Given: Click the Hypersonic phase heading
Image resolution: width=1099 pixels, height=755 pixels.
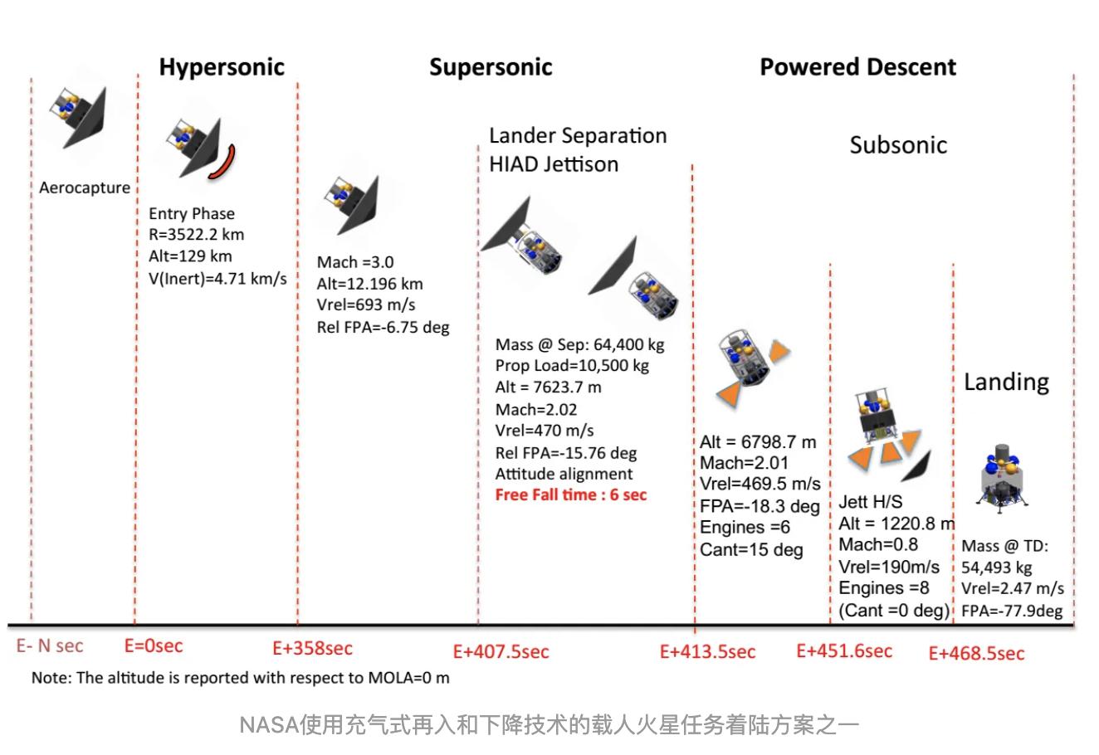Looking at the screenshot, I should point(222,67).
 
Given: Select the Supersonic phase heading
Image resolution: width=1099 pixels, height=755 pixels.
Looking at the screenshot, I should point(491,67).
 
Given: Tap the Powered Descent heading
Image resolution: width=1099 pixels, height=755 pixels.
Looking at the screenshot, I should point(858,67).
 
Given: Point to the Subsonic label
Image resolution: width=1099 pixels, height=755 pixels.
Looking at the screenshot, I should point(898,145).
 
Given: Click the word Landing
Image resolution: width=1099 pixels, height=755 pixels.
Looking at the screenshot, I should point(1006,382).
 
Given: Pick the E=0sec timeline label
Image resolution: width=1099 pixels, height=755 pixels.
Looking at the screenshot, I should point(154,645).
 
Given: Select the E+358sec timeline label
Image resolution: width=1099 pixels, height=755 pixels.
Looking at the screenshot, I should point(313,648).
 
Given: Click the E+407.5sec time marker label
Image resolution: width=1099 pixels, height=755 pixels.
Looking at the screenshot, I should point(501,651).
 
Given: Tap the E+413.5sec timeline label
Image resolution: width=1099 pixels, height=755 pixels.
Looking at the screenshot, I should point(708,651).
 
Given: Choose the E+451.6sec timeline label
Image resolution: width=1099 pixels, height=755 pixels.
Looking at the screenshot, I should point(844,650).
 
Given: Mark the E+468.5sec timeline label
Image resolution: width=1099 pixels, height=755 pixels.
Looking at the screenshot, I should point(977,653).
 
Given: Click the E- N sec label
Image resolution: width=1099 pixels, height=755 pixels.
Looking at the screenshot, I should point(50,645).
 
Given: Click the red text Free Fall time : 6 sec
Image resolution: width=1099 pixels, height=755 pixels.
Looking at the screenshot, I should point(571,495).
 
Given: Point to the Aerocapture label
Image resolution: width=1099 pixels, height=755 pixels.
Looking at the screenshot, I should point(85,188).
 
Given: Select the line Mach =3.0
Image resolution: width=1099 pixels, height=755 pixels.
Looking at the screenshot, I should point(355,262).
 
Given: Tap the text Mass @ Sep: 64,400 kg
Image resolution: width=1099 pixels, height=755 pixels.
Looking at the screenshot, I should point(580,344).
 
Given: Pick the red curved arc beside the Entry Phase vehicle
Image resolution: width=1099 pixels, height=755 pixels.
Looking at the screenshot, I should point(224,163).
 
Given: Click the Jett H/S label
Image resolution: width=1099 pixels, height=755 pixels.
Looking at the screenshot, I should point(871,502).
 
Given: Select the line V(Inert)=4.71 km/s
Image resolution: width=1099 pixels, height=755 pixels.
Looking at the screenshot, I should point(217,278).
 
